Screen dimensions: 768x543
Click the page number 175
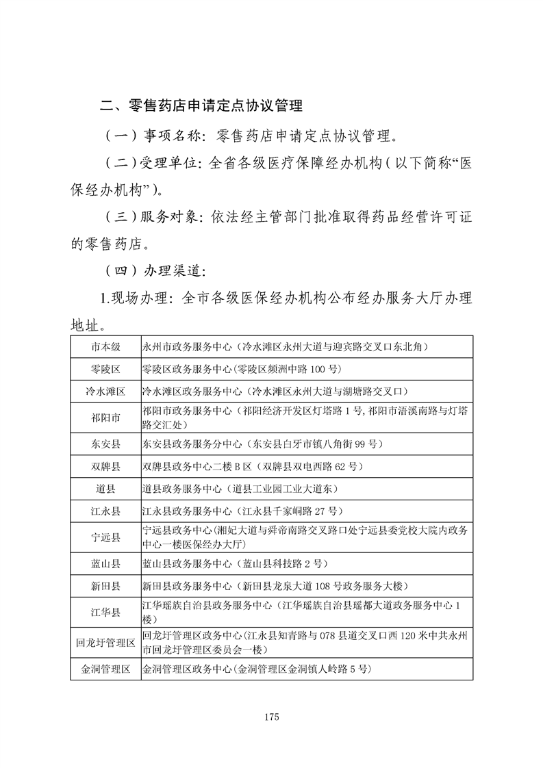(271, 717)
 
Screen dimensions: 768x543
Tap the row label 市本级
(105, 346)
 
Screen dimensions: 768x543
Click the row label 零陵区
(105, 369)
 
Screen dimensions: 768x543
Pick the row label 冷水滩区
(105, 392)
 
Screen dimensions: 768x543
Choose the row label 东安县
(105, 444)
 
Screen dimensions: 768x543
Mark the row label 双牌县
(105, 466)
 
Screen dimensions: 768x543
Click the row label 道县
(105, 489)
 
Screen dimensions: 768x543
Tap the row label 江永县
(105, 511)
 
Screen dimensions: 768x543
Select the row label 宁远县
(105, 537)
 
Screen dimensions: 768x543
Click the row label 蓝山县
(105, 563)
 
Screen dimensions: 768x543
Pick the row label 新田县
(105, 586)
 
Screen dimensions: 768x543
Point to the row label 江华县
(105, 612)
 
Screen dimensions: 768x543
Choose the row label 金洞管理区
(105, 668)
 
